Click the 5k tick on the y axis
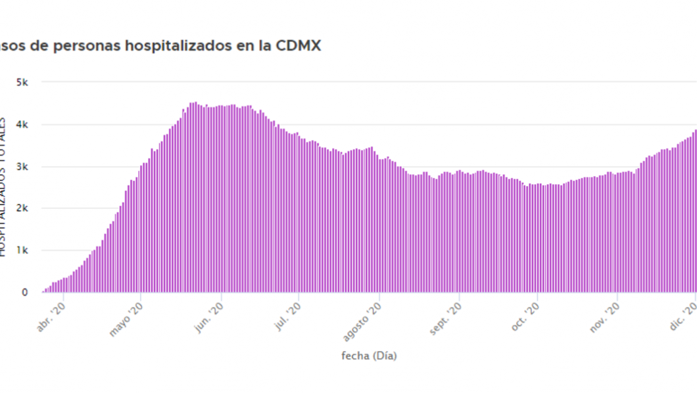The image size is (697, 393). [22, 82]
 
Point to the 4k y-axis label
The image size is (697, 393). [22, 124]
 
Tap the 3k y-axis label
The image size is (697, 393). [22, 166]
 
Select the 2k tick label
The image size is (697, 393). [22, 208]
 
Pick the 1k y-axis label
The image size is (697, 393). [22, 250]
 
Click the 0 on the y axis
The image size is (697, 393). [25, 292]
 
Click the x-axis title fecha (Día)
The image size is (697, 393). [369, 356]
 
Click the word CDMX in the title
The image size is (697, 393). [300, 47]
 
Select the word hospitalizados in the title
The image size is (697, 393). [170, 47]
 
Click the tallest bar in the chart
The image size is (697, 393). [194, 197]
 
